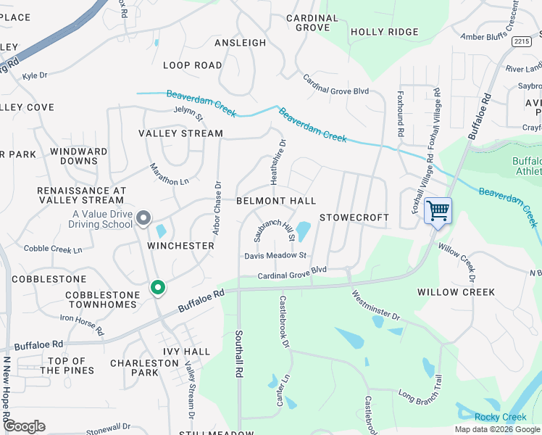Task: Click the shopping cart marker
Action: coord(438,212)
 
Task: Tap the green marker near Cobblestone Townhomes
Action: coord(157,288)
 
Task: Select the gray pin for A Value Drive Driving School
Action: coord(143,217)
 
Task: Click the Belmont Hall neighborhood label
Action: coord(276,200)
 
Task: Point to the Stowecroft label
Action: coord(354,217)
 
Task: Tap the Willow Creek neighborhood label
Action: coord(456,292)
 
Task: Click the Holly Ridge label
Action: coord(384,32)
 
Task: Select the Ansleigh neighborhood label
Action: coord(240,43)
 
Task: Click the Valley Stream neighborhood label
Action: coord(181,133)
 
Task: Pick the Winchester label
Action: coord(180,246)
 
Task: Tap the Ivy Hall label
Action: coord(186,352)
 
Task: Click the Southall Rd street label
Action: coord(238,354)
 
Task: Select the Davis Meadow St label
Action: coord(276,255)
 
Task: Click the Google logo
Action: coord(23,426)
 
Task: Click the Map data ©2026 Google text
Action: coord(497,429)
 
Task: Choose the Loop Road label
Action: coord(192,65)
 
